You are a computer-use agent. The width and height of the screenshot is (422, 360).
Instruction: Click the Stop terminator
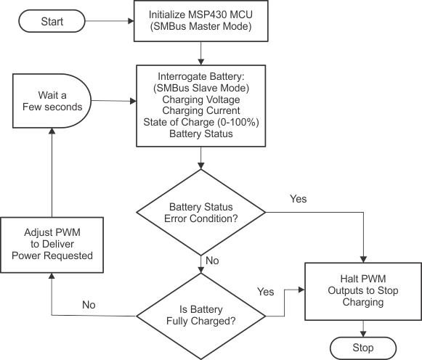point(362,348)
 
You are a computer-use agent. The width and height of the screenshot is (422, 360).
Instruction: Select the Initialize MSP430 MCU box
point(200,20)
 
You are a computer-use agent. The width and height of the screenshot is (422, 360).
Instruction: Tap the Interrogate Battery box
point(200,105)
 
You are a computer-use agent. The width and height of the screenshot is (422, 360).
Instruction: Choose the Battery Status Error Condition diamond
point(201,212)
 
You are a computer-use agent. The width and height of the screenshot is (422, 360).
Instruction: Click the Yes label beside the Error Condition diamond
point(298,198)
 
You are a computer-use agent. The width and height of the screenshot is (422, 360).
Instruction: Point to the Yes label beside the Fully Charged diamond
point(265,291)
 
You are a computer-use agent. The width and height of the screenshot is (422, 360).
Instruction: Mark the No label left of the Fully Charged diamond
point(88,305)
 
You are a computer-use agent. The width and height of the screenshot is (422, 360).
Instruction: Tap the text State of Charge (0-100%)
point(200,122)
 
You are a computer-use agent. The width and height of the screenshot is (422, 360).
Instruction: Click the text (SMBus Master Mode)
point(200,27)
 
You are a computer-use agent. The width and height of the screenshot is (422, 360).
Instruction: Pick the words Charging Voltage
point(200,99)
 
